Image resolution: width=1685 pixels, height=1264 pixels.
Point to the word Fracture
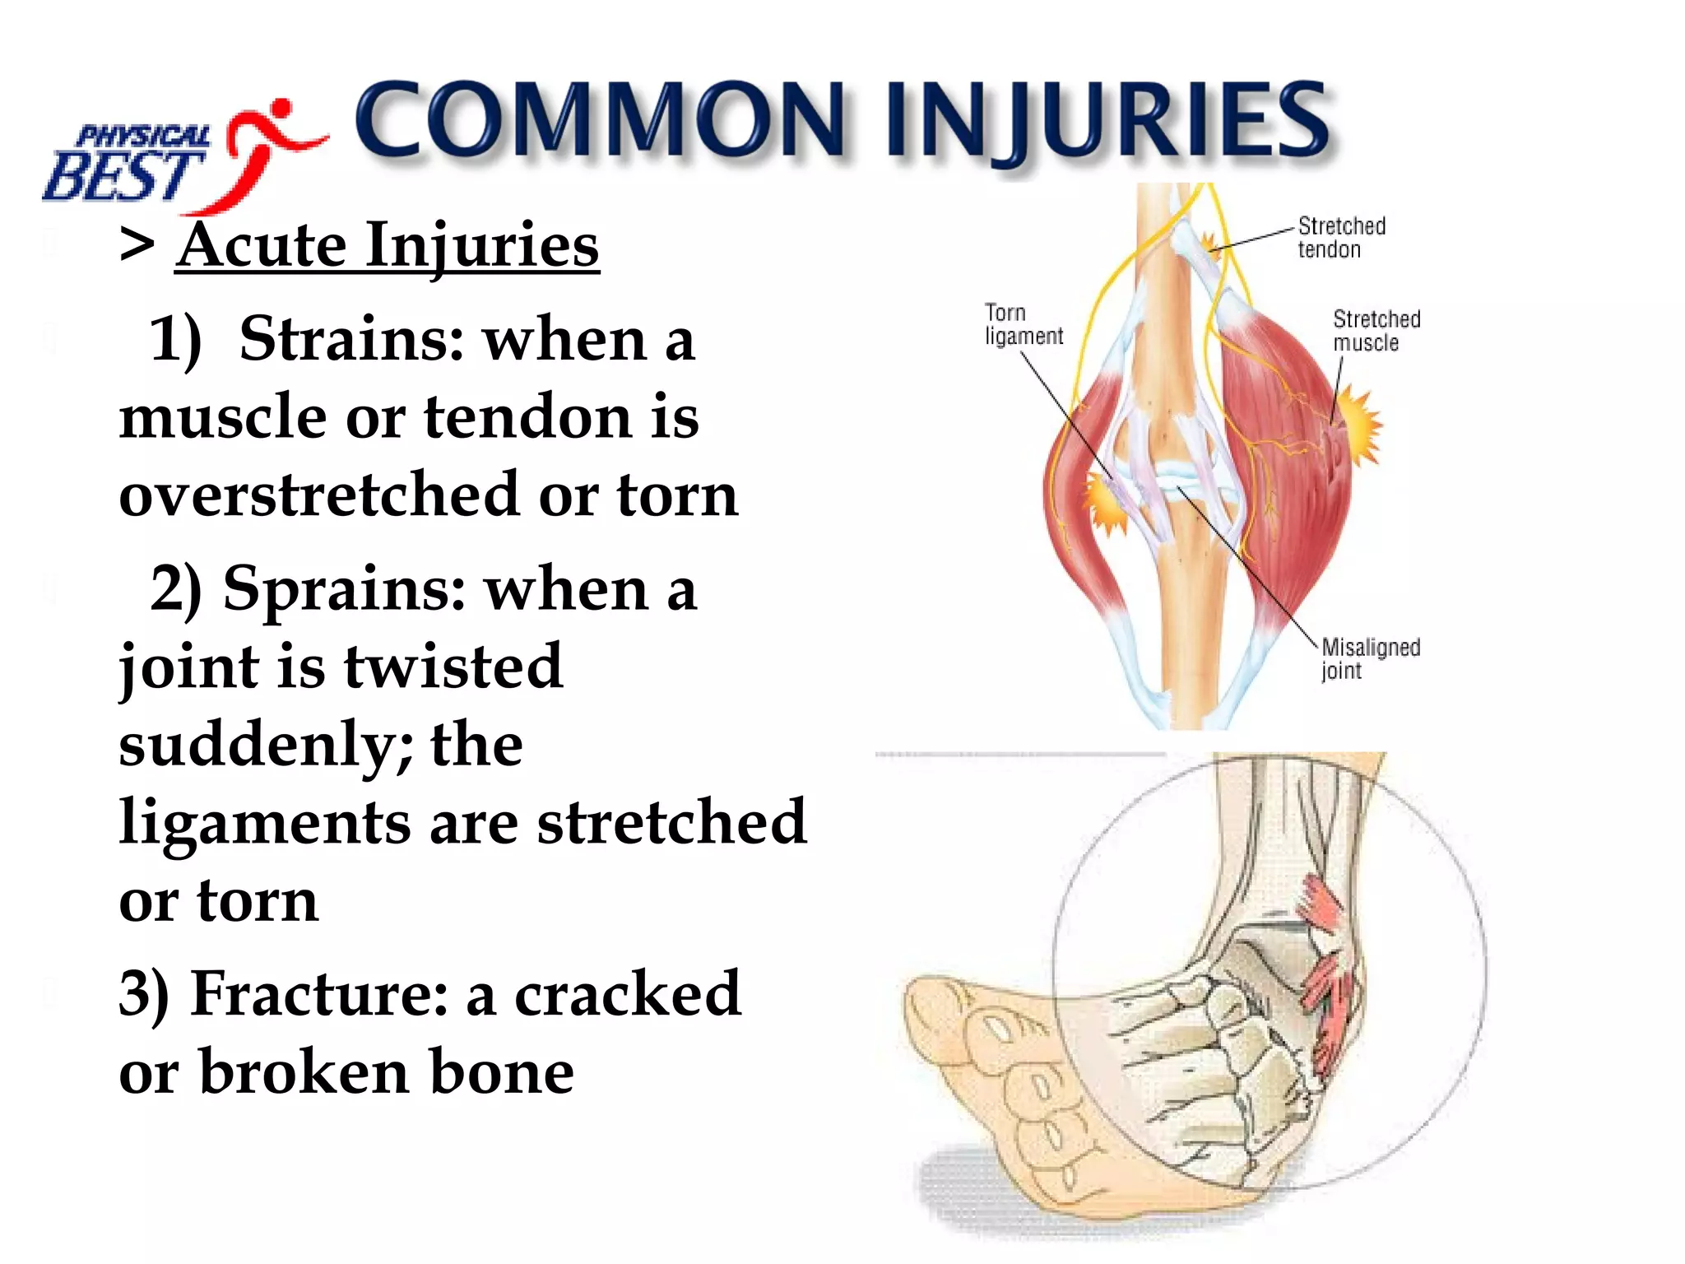coord(319,994)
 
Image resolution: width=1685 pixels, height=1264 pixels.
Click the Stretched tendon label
coord(1341,237)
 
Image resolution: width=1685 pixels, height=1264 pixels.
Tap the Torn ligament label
coord(1024,324)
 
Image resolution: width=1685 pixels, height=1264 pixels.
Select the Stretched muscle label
coord(1376,330)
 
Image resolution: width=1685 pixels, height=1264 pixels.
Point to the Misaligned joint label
coord(1370,658)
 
